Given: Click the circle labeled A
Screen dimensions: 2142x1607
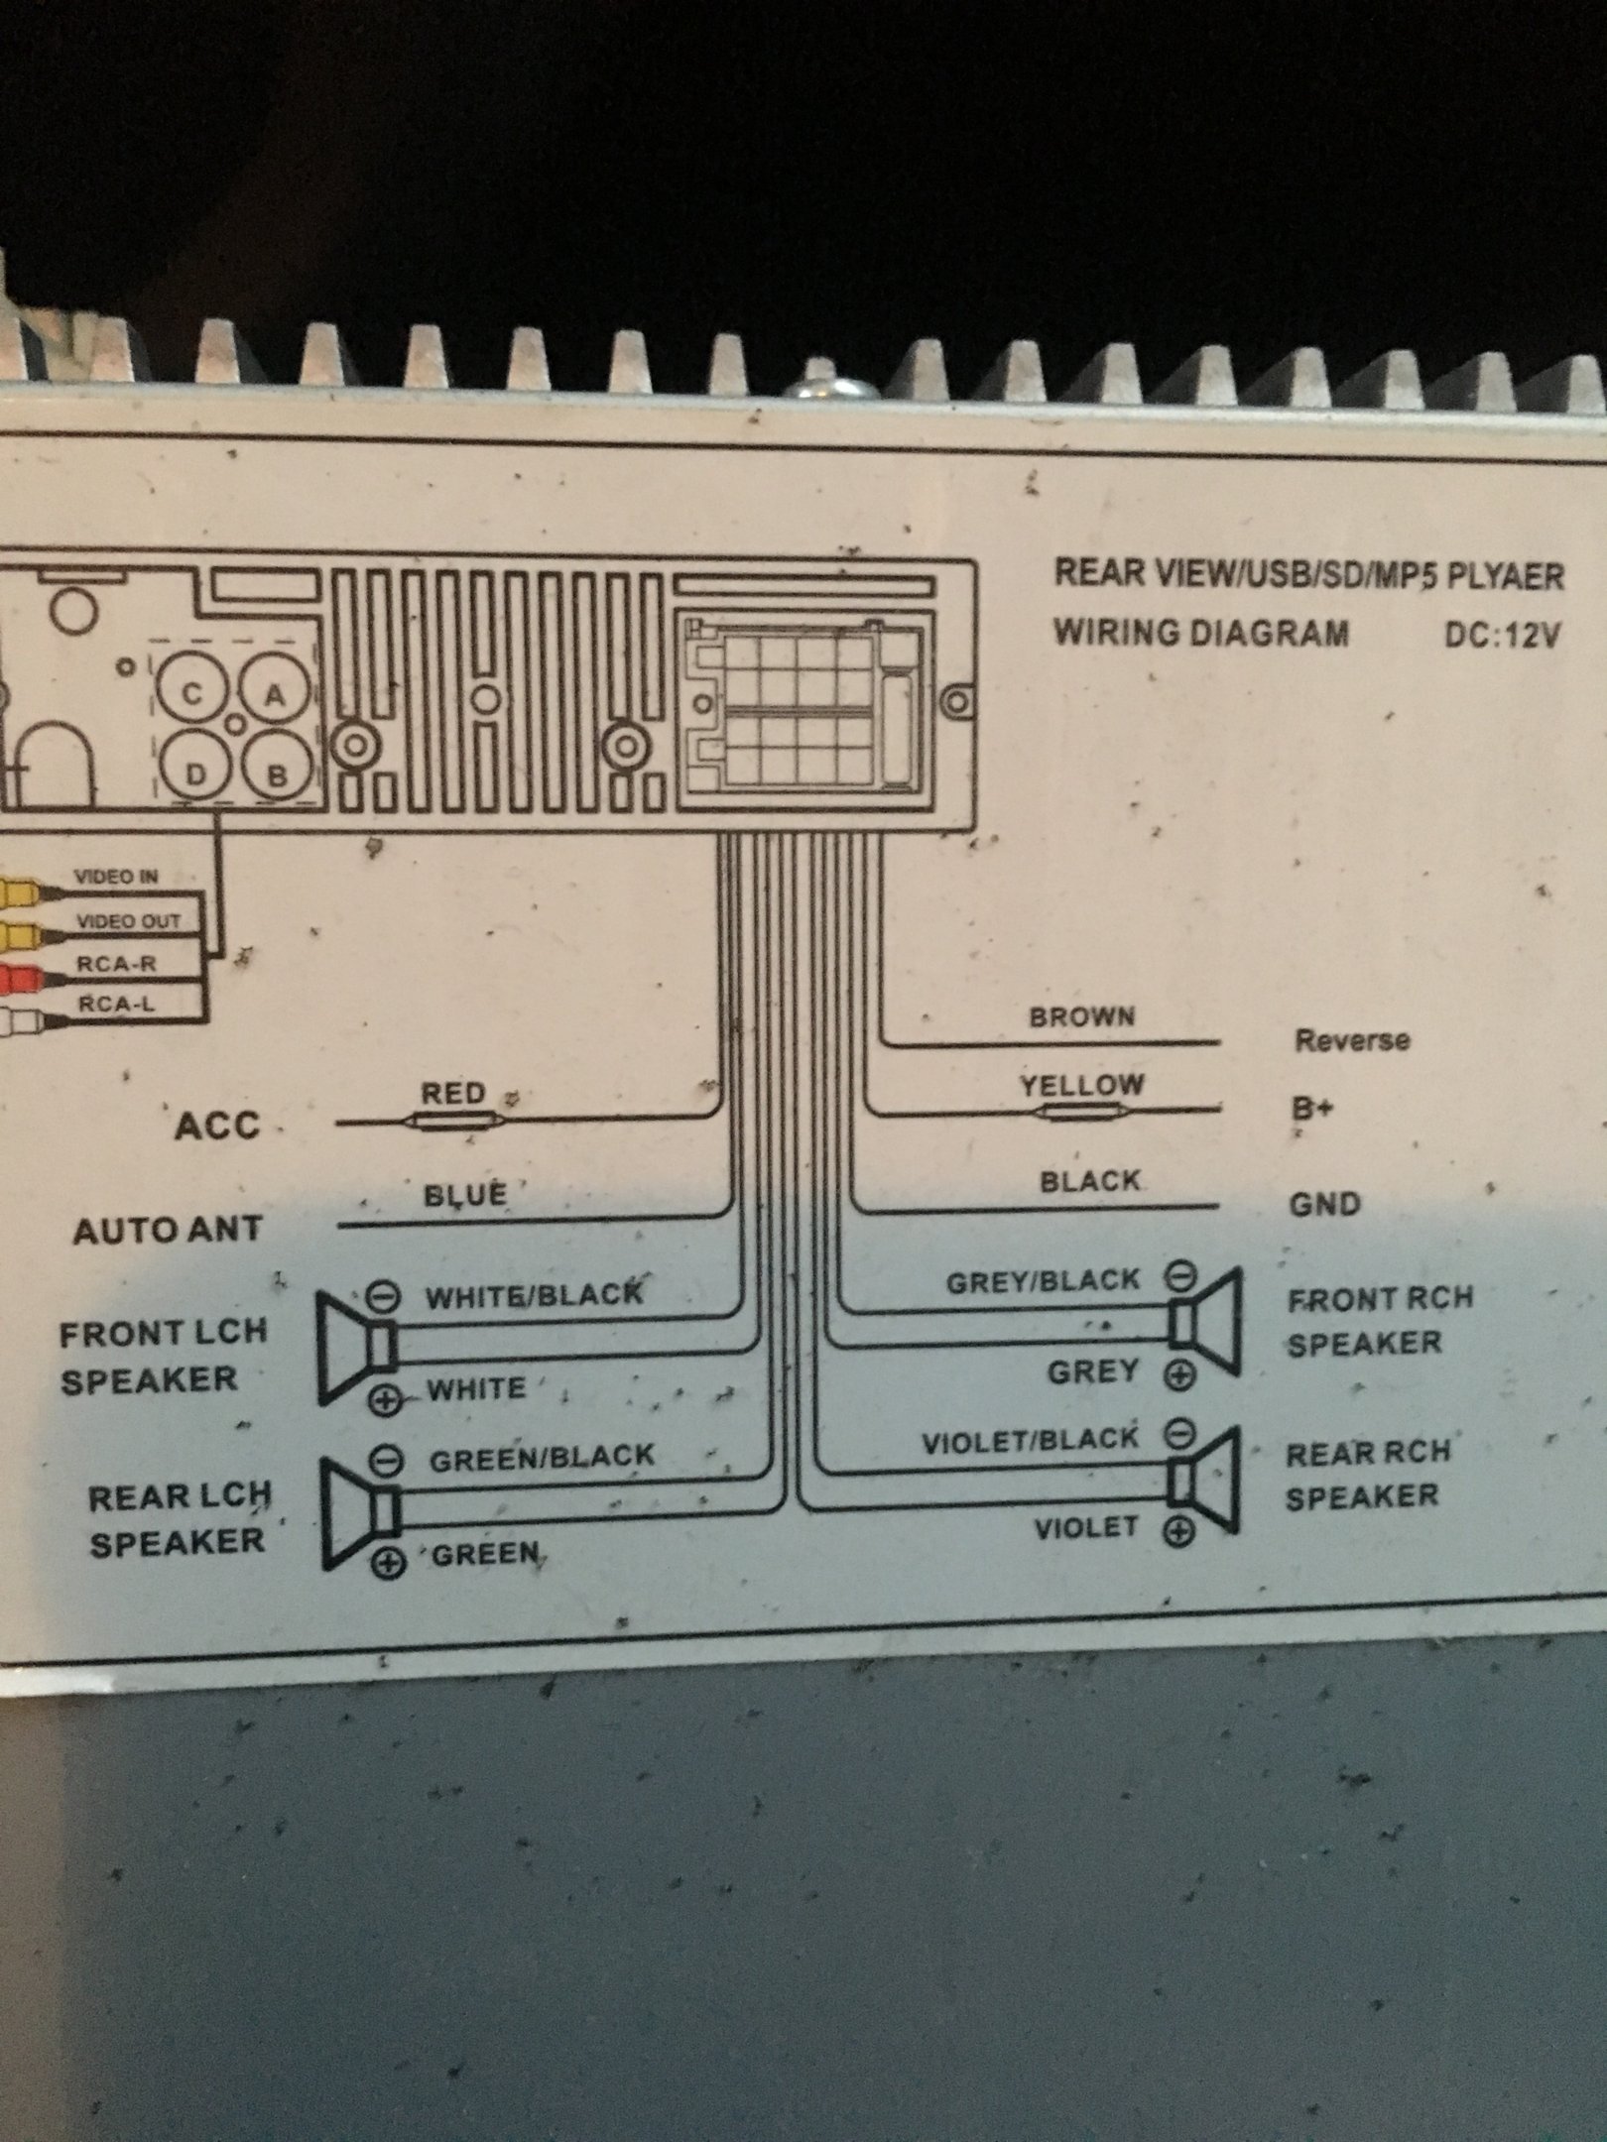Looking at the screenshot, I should pyautogui.click(x=272, y=695).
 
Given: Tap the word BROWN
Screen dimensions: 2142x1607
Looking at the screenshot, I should pyautogui.click(x=1081, y=1016).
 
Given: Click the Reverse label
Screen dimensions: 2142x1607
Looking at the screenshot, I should pyautogui.click(x=1351, y=1040).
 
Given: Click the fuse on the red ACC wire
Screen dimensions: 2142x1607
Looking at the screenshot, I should pyautogui.click(x=452, y=1123).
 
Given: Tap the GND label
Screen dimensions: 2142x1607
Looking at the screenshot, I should pyautogui.click(x=1324, y=1204).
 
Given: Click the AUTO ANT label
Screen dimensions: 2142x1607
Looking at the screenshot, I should pyautogui.click(x=167, y=1231).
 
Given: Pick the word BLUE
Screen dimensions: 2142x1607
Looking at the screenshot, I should pyautogui.click(x=465, y=1195).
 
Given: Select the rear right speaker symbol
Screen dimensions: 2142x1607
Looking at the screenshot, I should pyautogui.click(x=1202, y=1482).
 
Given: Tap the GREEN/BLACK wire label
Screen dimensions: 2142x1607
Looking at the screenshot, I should pyautogui.click(x=542, y=1458).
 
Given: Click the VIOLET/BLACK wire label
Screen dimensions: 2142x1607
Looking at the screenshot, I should pyautogui.click(x=1030, y=1441).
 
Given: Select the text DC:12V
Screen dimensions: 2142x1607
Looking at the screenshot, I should pyautogui.click(x=1502, y=635).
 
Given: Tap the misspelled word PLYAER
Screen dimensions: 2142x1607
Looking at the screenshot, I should pyautogui.click(x=1504, y=576).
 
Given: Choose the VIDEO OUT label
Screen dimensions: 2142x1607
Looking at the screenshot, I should pyautogui.click(x=129, y=920).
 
